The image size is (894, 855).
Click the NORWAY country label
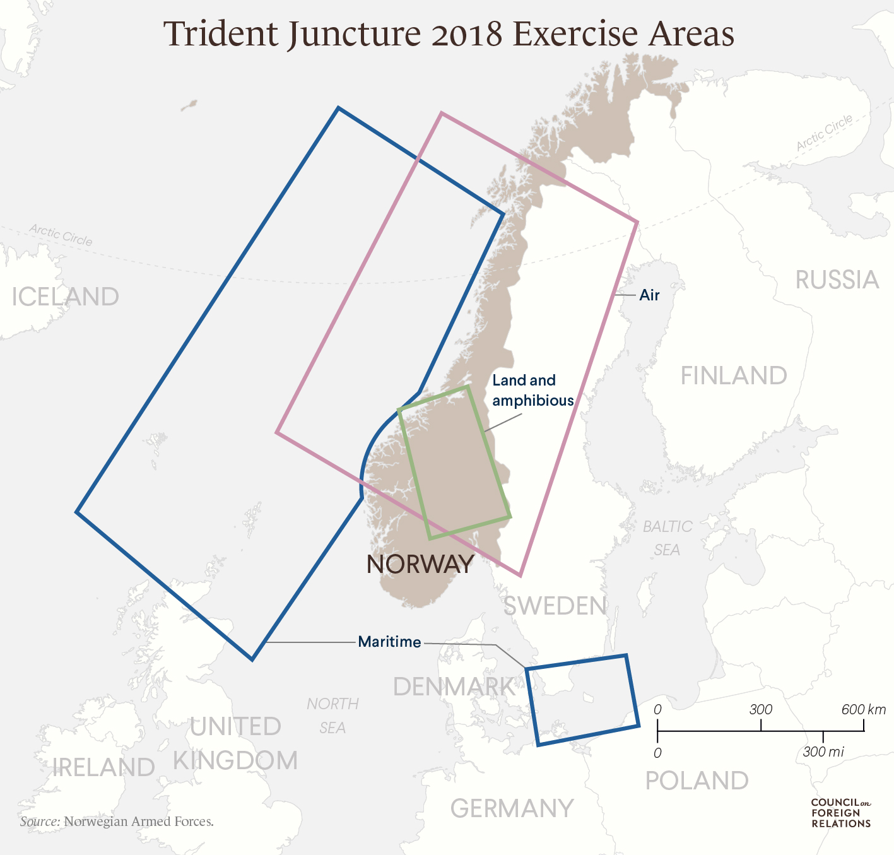pyautogui.click(x=420, y=564)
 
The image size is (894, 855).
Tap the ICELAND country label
pyautogui.click(x=66, y=297)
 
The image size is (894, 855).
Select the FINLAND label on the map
pyautogui.click(x=734, y=376)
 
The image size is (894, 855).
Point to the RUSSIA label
pyautogui.click(x=837, y=280)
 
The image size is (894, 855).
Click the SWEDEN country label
pyautogui.click(x=555, y=606)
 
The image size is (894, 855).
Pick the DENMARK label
pyautogui.click(x=454, y=687)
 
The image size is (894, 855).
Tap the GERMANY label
pyautogui.click(x=512, y=808)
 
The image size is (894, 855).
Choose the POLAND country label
pyautogui.click(x=697, y=781)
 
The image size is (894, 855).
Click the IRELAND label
pyautogui.click(x=103, y=767)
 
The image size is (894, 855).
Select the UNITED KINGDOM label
pyautogui.click(x=235, y=743)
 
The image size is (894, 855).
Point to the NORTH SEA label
pyautogui.click(x=332, y=716)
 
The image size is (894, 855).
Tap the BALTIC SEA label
pyautogui.click(x=668, y=538)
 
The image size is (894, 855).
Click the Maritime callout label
pyautogui.click(x=389, y=642)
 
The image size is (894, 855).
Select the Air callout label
pyautogui.click(x=649, y=295)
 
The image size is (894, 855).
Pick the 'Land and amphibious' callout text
pyautogui.click(x=532, y=390)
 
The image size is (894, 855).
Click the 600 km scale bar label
pyautogui.click(x=863, y=709)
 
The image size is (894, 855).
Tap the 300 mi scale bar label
pyautogui.click(x=823, y=752)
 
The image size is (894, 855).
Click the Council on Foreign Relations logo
pyautogui.click(x=840, y=813)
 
